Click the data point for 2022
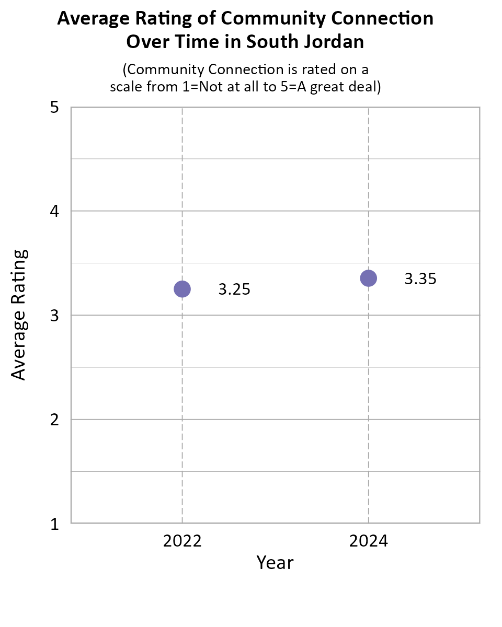tap(182, 289)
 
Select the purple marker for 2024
tap(368, 278)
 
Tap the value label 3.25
tap(234, 289)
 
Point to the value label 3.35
tap(420, 279)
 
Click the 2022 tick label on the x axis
tap(182, 541)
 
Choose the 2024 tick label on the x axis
tap(368, 541)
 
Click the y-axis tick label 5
tap(54, 108)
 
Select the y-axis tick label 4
tap(54, 212)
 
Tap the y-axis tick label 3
tap(54, 316)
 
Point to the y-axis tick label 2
tap(54, 420)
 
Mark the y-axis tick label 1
tap(54, 524)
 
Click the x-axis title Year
tap(275, 563)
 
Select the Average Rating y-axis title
tap(19, 315)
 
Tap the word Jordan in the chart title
tap(335, 42)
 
